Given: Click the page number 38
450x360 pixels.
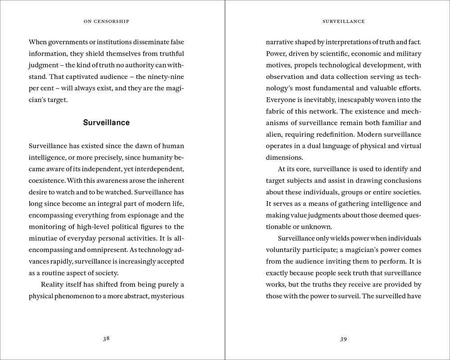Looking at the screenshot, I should (106, 339).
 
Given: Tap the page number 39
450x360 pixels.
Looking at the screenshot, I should (343, 339).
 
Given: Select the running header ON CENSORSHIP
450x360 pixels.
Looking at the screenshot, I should (106, 21).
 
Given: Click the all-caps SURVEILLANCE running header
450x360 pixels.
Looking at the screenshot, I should (344, 21).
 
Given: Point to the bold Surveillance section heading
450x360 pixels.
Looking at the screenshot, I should (106, 122).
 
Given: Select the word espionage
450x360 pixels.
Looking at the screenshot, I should (142, 215).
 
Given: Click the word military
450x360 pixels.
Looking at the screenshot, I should (408, 54).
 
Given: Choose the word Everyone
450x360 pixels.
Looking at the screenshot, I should (280, 100).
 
